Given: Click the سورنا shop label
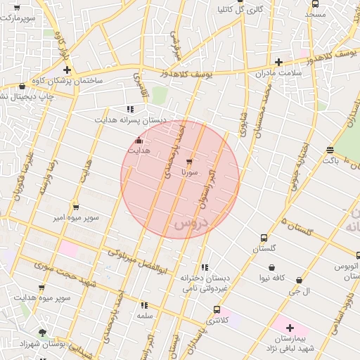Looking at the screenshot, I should (x=189, y=172).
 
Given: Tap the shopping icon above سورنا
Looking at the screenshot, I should (x=188, y=162).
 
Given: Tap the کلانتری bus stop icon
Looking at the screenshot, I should (x=216, y=309).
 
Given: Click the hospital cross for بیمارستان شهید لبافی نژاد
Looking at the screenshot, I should (x=289, y=328).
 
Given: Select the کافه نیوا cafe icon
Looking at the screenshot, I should (x=272, y=267).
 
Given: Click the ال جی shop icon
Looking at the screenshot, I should (x=299, y=281).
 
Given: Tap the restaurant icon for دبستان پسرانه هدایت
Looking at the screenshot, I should (x=130, y=109).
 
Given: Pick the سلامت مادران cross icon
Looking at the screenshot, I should (x=278, y=62).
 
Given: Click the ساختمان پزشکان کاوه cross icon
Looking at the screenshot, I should (x=67, y=70).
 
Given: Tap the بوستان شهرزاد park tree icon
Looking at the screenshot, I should (x=43, y=333).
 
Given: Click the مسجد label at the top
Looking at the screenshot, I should (x=316, y=14).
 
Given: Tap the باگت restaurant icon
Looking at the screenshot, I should (x=330, y=150).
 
